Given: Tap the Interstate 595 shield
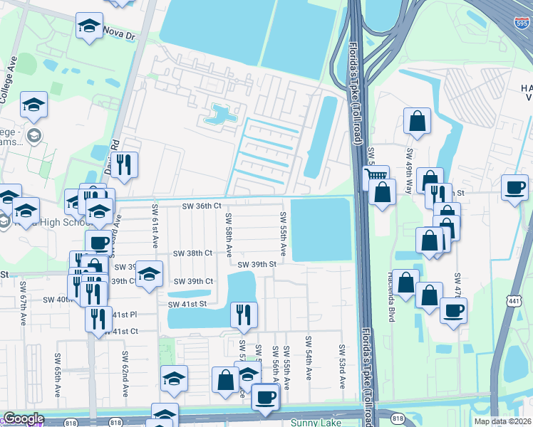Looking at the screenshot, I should (x=522, y=23).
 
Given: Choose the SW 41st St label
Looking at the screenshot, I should (x=187, y=305).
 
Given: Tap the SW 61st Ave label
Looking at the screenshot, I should (x=154, y=225).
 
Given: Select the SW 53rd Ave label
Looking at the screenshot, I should (x=342, y=367).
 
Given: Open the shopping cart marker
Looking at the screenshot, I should (x=376, y=175).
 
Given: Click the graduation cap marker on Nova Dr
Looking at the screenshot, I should (x=89, y=26).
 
